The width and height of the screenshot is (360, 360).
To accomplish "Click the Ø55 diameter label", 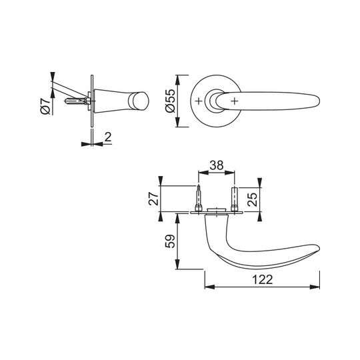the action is [x=170, y=101].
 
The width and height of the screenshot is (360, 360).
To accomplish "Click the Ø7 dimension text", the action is [x=45, y=105].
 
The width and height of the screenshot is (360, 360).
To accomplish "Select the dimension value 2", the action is [x=108, y=137].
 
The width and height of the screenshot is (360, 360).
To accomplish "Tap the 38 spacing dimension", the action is [x=216, y=165].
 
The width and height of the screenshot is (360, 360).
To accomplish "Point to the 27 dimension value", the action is [x=154, y=199].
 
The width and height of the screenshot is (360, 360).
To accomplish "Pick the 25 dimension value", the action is [x=252, y=199].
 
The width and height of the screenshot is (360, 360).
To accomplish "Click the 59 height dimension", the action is [x=170, y=241].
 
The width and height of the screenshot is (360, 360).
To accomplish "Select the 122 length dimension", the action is [x=262, y=279].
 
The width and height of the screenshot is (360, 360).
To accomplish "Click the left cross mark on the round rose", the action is [x=199, y=101].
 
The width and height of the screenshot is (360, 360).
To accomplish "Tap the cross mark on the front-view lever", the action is [x=234, y=101].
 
